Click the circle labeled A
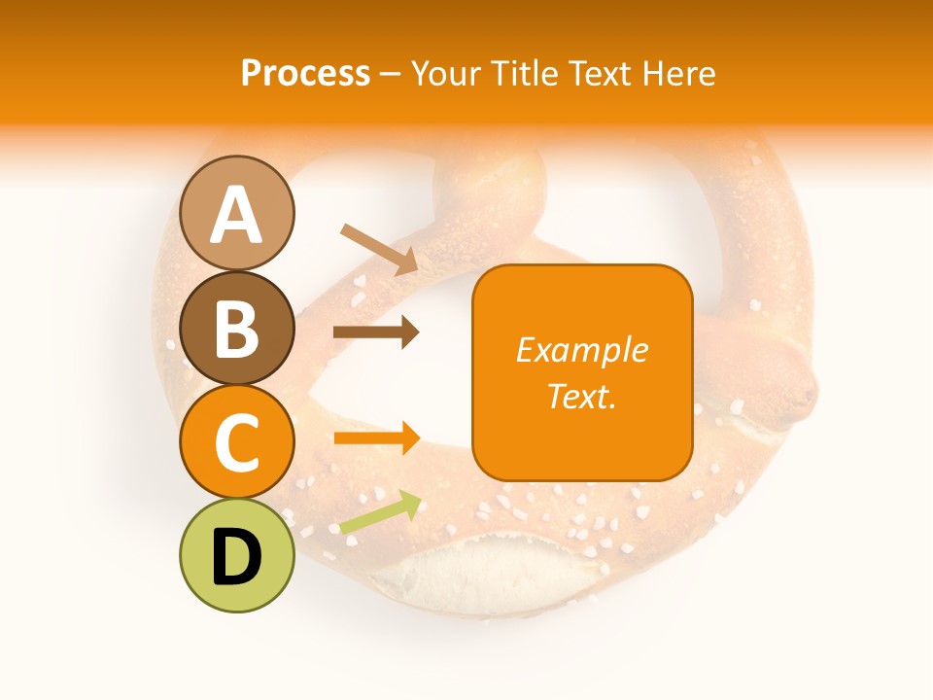(237, 213)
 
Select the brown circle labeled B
(237, 329)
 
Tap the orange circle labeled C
(237, 442)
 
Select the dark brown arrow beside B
(376, 332)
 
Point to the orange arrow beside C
(377, 437)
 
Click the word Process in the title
(305, 73)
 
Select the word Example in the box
(581, 350)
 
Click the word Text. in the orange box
(581, 396)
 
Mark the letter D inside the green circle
(237, 559)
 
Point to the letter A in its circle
(237, 215)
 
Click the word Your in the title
(448, 73)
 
